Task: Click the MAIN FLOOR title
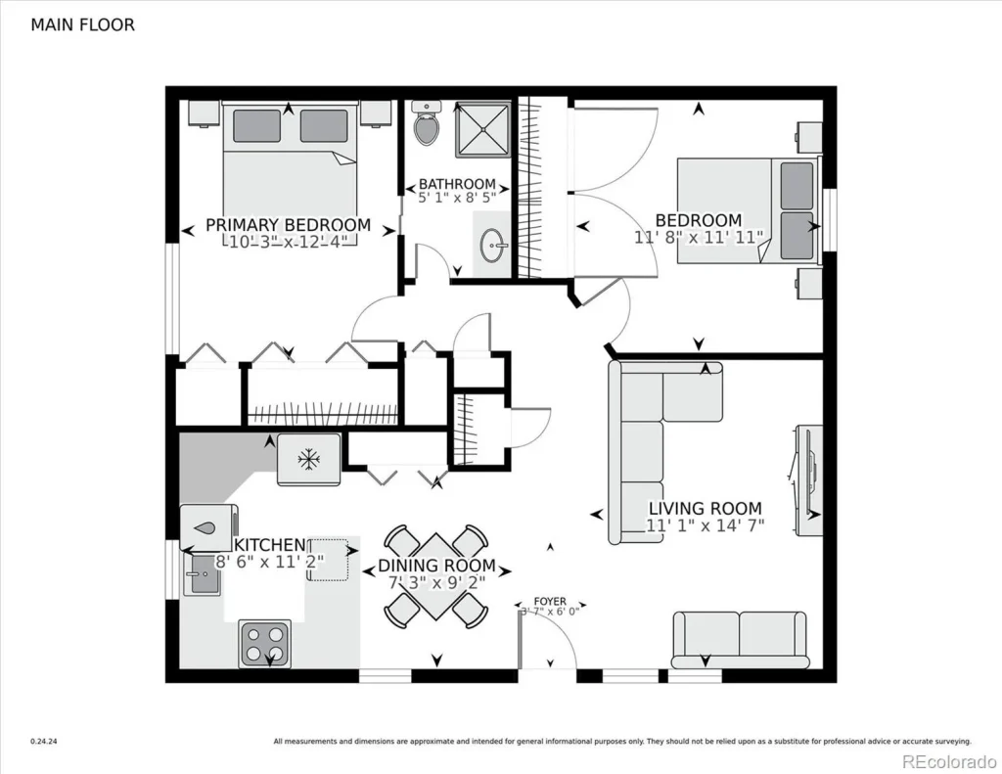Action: (82, 24)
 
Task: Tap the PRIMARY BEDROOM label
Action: (288, 225)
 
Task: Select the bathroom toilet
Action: (427, 124)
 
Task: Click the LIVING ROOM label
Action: (705, 508)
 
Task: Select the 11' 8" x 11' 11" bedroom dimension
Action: (698, 237)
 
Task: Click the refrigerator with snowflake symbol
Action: (309, 459)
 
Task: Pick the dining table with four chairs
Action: (435, 577)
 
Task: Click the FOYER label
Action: (549, 601)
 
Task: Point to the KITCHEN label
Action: (270, 545)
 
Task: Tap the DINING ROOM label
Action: (436, 567)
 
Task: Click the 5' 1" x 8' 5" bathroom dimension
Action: (457, 197)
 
